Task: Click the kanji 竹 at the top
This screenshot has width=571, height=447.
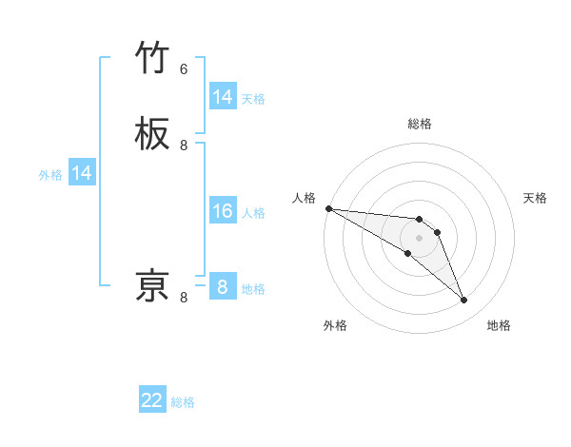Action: click(x=153, y=59)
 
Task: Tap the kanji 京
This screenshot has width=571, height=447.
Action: click(x=153, y=285)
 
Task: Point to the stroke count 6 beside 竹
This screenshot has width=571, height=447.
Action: click(x=184, y=69)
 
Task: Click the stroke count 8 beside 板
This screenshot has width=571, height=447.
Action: click(x=184, y=146)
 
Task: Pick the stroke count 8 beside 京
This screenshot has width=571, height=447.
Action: click(x=184, y=298)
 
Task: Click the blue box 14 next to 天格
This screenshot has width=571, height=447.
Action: click(x=223, y=97)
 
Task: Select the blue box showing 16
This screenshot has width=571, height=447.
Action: click(x=223, y=211)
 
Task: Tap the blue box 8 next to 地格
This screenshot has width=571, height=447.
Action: click(x=223, y=287)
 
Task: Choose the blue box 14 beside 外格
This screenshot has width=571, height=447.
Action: click(x=82, y=173)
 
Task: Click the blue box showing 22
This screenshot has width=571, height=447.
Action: click(x=152, y=401)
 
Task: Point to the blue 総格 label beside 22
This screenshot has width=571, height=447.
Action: click(x=183, y=402)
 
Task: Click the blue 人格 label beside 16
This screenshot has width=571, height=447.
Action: click(x=253, y=212)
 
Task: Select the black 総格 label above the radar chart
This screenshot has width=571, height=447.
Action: click(x=419, y=124)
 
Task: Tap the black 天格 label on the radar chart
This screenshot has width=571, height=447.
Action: click(x=536, y=198)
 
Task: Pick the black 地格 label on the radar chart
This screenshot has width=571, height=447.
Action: click(x=499, y=326)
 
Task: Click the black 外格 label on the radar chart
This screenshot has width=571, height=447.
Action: click(x=335, y=326)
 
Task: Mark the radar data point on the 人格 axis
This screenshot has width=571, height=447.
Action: click(x=328, y=208)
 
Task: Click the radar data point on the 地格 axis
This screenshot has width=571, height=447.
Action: click(x=464, y=301)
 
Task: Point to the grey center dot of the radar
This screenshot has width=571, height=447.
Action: click(x=419, y=238)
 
